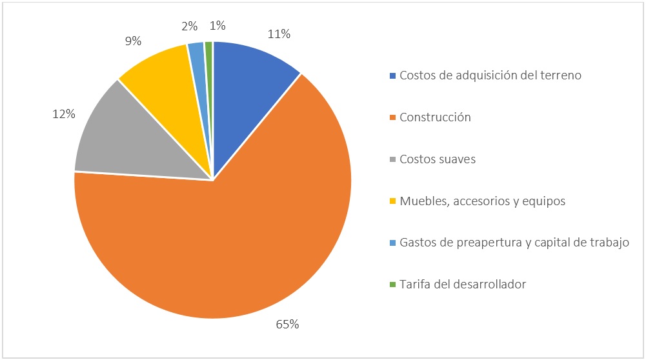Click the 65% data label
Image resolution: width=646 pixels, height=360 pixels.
[287, 325]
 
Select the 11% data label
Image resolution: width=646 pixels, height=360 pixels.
[278, 34]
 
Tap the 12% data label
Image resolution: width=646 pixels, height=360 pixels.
[63, 114]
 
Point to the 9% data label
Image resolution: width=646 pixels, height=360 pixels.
[134, 41]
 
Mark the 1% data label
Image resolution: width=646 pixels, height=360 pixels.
[217, 26]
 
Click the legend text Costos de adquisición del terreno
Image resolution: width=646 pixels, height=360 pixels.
[490, 75]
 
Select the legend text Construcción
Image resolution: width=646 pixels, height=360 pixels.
[435, 117]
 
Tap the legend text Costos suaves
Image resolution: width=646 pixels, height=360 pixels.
[438, 159]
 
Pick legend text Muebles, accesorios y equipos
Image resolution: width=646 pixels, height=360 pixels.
[482, 201]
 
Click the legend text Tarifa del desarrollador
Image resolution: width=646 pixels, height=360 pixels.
[463, 284]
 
